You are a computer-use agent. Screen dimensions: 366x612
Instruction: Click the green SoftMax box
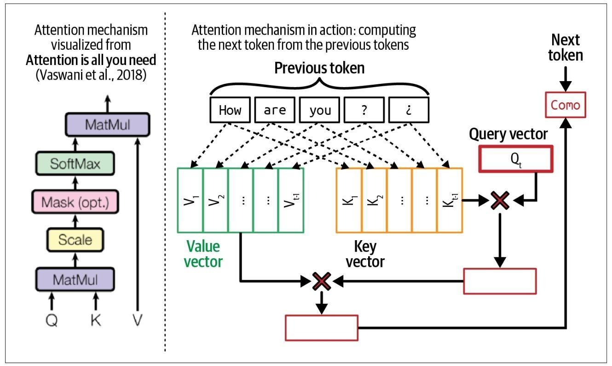point(75,164)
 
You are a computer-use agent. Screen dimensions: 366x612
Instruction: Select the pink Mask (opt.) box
point(75,202)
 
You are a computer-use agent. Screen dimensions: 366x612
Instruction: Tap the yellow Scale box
point(75,240)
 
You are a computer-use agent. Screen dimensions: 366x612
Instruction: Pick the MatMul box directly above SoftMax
point(107,124)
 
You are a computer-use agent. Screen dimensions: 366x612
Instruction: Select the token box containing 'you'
point(320,110)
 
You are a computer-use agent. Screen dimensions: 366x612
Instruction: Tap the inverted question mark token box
point(409,110)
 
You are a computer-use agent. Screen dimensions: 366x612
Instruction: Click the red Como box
point(566,105)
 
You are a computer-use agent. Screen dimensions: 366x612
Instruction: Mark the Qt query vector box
point(515,159)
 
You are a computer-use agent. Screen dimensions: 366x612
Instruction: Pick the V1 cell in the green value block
point(190,200)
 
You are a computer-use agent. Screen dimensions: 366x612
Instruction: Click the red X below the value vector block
point(322,280)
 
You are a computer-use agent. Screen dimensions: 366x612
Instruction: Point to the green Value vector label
point(203,254)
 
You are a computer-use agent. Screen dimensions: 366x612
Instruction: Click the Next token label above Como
point(566,47)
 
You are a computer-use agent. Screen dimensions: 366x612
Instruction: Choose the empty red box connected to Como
point(322,328)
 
